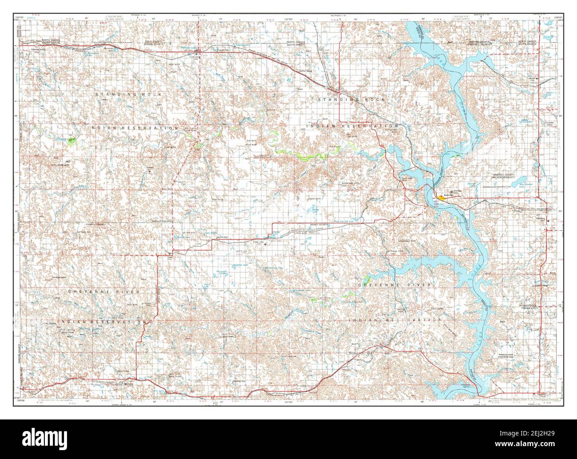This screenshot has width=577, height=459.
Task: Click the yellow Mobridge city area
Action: tap(440, 197)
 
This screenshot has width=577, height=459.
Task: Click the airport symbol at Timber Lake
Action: tap(265, 244)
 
